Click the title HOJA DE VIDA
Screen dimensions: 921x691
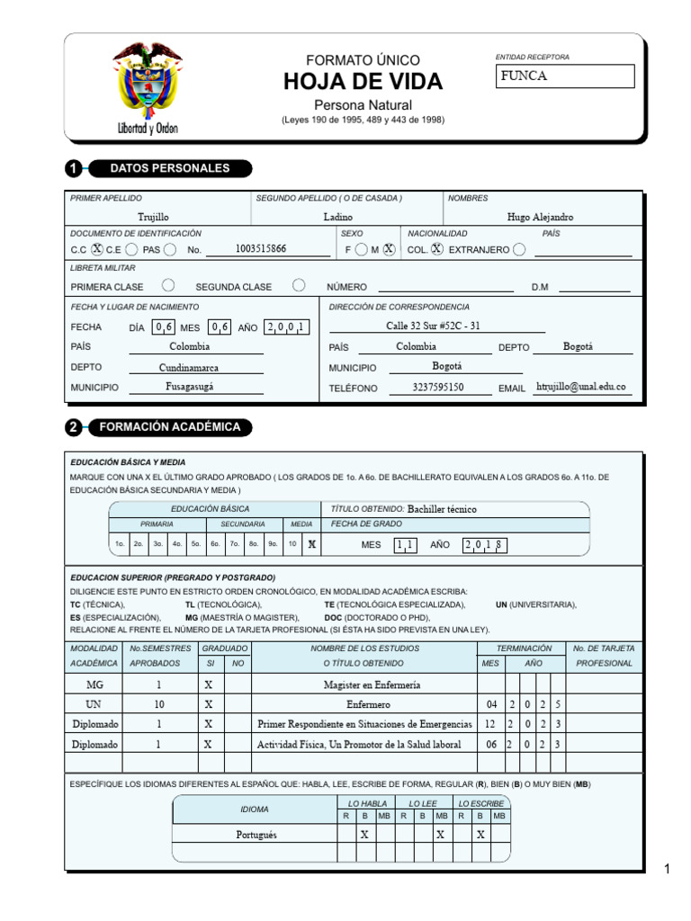(363, 82)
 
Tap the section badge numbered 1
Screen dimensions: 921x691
(74, 168)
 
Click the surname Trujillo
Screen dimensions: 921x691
(153, 217)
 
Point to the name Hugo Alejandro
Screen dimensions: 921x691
(540, 217)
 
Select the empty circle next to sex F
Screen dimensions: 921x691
(361, 250)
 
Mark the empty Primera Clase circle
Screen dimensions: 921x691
(167, 286)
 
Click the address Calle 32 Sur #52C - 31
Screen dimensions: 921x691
(433, 326)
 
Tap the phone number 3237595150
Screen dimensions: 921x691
(438, 388)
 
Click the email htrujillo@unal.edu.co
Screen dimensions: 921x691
(580, 387)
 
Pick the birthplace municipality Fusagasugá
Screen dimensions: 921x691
(189, 387)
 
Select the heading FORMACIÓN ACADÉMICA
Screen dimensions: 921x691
(169, 427)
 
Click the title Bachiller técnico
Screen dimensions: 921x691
(442, 509)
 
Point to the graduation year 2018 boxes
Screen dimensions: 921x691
(485, 544)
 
